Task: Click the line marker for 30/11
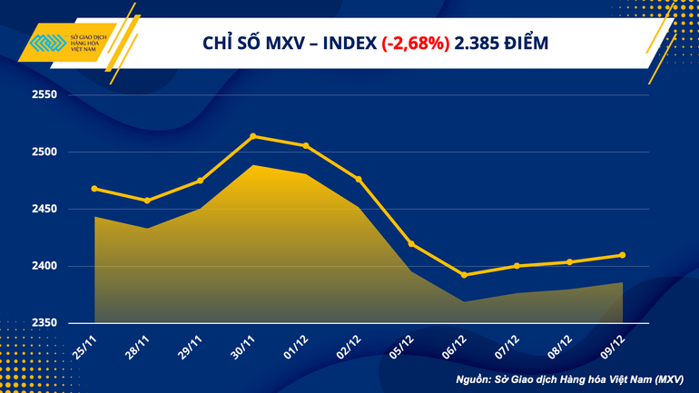tap(252, 136)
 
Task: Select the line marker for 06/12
tap(464, 275)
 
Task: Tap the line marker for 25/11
tap(94, 189)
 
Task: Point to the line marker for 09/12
tap(622, 255)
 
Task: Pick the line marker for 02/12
tap(359, 179)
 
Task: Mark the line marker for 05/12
tap(411, 243)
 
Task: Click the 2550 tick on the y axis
tap(44, 95)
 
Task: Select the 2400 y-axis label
tap(44, 266)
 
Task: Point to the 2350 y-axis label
tap(44, 323)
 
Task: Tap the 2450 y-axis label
tap(44, 209)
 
